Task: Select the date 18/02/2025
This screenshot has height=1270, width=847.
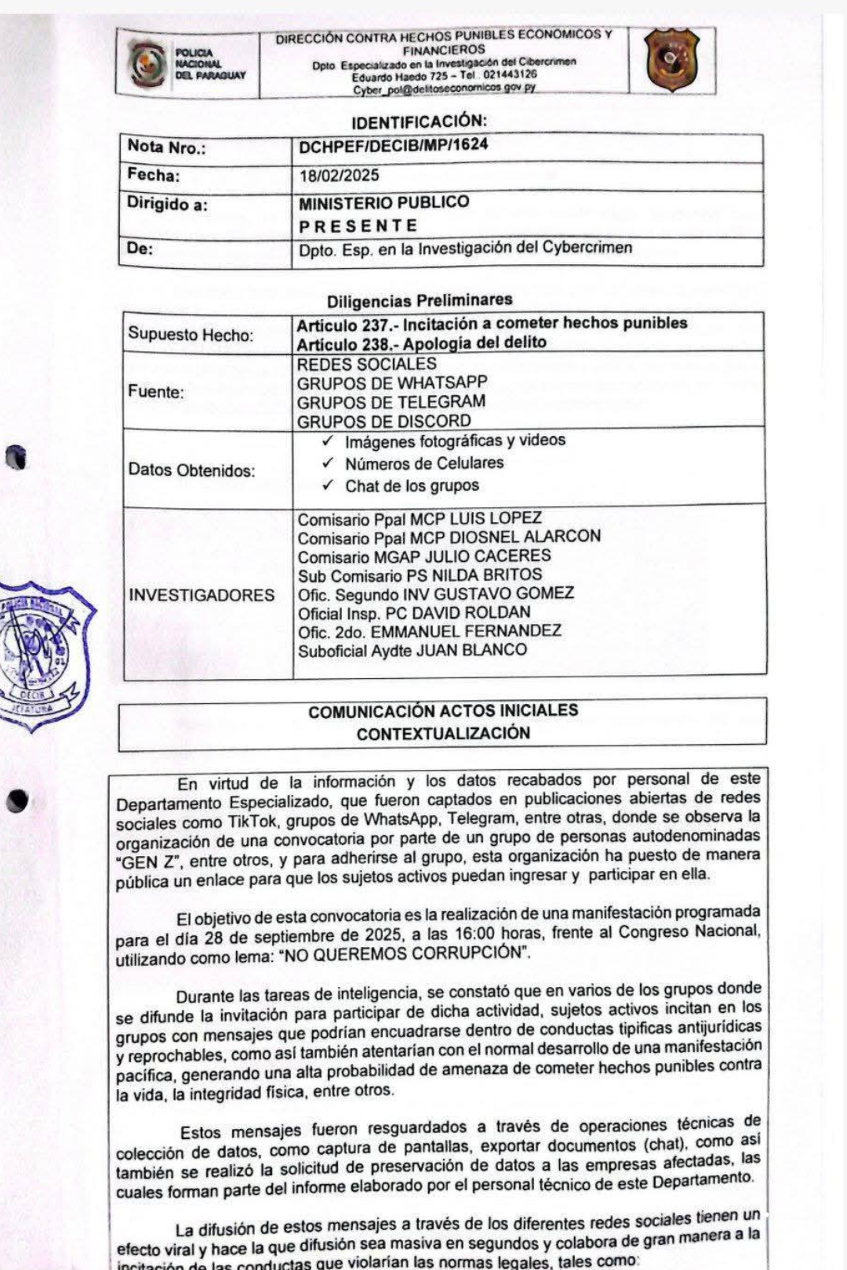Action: tap(339, 176)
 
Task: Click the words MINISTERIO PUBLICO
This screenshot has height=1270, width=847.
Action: tap(384, 202)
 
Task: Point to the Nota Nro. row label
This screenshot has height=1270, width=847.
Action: tap(166, 147)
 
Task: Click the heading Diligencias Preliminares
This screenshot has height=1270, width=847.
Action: tap(419, 300)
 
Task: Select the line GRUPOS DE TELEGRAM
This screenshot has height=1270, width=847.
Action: tap(391, 402)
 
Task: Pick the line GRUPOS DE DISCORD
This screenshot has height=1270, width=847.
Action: tap(384, 421)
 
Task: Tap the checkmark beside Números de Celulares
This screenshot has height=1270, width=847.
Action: tap(329, 463)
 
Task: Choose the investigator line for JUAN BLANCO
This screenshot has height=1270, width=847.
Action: tap(412, 650)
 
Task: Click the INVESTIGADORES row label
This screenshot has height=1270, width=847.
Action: tap(202, 595)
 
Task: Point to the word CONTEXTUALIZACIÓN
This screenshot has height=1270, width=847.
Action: tap(443, 734)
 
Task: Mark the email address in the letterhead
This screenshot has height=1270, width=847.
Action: tap(444, 89)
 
